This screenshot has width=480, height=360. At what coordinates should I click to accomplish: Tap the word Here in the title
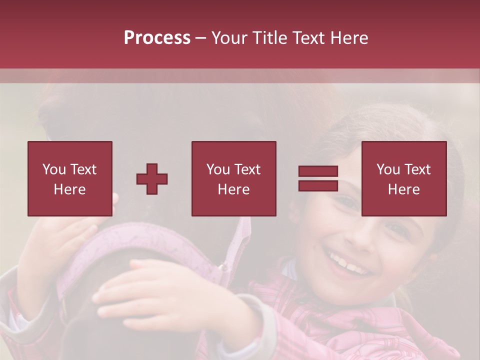click(348, 38)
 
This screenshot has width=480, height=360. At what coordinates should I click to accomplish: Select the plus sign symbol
click(152, 178)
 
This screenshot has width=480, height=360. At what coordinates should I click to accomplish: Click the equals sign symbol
click(318, 178)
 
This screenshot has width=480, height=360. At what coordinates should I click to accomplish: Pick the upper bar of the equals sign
click(318, 171)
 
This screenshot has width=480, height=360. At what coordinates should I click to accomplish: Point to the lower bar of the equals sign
click(318, 185)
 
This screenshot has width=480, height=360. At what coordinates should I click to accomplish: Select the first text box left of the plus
click(69, 178)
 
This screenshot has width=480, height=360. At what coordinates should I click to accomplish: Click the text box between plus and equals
click(233, 178)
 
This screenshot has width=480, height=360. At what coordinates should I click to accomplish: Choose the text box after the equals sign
click(403, 178)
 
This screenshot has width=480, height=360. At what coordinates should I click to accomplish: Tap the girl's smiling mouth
click(350, 263)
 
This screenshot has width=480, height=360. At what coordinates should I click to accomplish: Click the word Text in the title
click(308, 38)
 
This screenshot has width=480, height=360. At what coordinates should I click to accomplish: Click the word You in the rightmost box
click(387, 169)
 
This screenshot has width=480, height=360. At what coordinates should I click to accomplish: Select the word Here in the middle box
click(233, 189)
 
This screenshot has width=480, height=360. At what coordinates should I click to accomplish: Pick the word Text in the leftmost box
click(83, 169)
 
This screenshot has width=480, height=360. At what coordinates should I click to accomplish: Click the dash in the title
click(201, 38)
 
